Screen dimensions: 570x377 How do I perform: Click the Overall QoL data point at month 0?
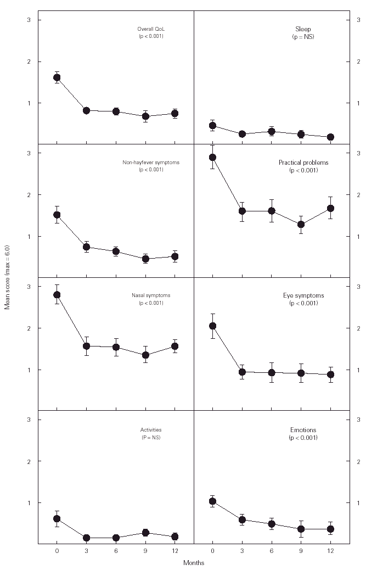57,77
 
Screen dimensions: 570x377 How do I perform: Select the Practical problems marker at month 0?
212,158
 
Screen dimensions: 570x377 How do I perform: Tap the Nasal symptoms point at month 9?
145,355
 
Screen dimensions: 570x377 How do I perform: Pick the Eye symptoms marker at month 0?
212,326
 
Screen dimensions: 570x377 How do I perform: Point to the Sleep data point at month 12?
330,137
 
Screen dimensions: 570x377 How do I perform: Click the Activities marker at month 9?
145,533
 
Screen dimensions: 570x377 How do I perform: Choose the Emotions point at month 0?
212,501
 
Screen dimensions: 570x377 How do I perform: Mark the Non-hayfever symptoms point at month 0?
57,215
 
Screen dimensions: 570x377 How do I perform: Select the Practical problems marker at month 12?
330,208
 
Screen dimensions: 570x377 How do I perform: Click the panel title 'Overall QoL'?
150,29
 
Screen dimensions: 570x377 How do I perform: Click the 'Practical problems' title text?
303,163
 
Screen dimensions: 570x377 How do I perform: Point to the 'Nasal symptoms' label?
151,295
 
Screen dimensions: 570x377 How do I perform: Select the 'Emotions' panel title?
303,429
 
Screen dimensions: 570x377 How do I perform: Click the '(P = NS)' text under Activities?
150,437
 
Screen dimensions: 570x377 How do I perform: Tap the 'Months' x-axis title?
193,562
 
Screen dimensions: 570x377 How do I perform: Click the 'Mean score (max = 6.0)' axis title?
7,277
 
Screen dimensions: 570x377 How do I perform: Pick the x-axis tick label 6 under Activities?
116,551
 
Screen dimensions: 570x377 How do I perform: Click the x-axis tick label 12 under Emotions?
330,551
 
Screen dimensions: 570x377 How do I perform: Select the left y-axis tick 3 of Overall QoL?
29,20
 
